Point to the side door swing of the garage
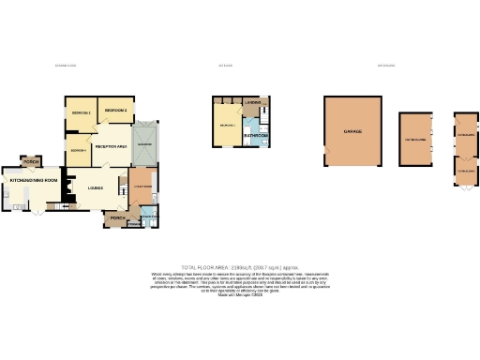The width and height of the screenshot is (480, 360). (x=327, y=150)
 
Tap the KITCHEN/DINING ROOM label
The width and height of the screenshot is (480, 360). (x=34, y=179)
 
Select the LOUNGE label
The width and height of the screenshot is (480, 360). (x=95, y=187)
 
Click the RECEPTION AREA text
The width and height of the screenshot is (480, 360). (x=112, y=146)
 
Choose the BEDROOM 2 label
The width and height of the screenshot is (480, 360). (x=116, y=111)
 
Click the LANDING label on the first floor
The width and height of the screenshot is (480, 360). (x=252, y=101)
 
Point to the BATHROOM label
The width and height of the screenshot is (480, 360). (x=256, y=136)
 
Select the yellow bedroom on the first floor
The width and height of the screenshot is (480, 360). (x=227, y=124)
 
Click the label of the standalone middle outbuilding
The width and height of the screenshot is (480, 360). (x=414, y=140)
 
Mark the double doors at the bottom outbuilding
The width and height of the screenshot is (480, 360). (x=466, y=188)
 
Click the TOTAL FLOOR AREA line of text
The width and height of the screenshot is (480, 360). (x=239, y=268)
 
